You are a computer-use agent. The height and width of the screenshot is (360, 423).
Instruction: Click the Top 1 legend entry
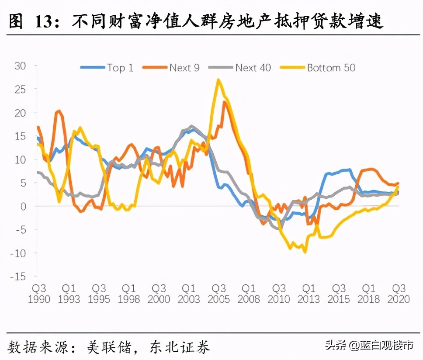[107, 67]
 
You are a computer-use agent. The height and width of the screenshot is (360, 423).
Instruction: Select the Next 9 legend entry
[173, 67]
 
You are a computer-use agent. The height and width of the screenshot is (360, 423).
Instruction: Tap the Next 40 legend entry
[240, 67]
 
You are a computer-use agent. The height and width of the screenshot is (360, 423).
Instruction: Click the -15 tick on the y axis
[19, 276]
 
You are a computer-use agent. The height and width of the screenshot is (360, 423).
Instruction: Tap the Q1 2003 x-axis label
[189, 294]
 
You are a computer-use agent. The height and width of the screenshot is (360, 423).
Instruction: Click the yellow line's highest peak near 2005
[218, 80]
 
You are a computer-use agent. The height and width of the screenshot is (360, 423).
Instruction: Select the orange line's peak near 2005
[225, 102]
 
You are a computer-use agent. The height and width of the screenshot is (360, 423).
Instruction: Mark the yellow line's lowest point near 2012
[305, 252]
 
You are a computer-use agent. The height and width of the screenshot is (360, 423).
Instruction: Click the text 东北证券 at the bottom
[179, 347]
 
